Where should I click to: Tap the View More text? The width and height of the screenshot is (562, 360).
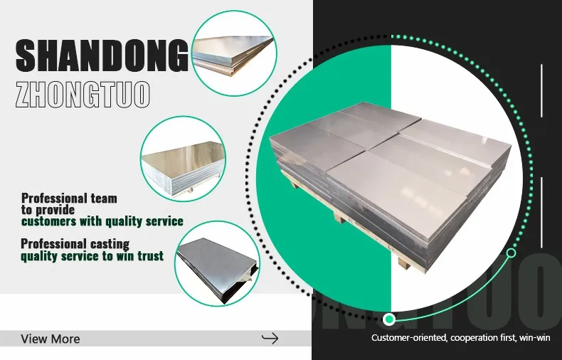(51, 339)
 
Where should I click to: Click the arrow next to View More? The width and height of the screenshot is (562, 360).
(270, 338)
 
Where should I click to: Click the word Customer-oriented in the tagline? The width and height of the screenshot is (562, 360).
(408, 337)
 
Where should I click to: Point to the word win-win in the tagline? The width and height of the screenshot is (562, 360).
(535, 337)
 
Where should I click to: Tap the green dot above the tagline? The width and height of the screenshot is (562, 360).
(388, 319)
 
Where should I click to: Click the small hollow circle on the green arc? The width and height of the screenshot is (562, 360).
(511, 253)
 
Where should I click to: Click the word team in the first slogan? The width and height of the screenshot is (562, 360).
(103, 198)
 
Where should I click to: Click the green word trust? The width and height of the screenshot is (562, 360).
(149, 256)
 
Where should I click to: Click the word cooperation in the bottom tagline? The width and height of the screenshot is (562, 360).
(476, 337)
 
